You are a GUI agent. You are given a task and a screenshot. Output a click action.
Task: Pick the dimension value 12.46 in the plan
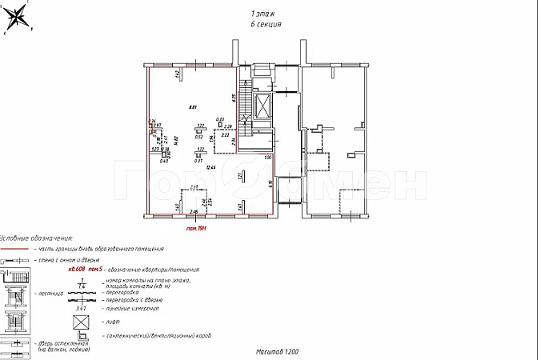(210, 167)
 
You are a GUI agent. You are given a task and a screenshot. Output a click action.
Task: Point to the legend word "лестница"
(45, 294)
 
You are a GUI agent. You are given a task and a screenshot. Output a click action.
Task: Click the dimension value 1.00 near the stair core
(268, 158)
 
